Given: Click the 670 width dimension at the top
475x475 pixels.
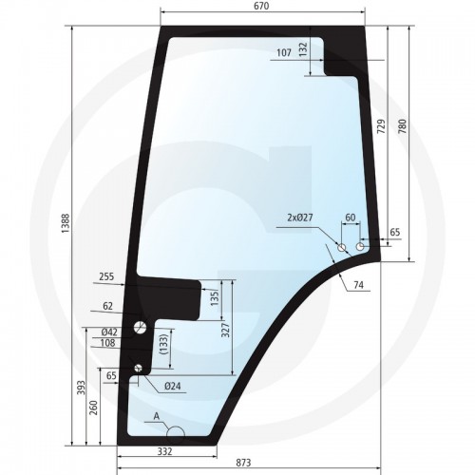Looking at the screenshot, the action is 261,6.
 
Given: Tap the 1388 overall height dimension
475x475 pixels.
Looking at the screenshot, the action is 66,223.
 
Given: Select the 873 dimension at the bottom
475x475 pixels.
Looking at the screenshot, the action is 243,463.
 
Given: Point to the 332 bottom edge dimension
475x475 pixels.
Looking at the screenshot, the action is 165,451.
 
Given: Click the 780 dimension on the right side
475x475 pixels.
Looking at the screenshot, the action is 402,126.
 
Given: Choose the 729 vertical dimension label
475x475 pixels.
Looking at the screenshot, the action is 382,126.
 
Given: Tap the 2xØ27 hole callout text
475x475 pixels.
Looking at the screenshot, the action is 300,218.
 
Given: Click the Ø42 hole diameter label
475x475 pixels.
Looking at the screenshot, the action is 109,332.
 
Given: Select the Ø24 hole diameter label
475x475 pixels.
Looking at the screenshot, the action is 173,386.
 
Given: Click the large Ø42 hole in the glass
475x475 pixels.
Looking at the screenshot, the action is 141,327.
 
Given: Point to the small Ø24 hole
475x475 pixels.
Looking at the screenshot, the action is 138,368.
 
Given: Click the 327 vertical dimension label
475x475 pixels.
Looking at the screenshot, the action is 226,330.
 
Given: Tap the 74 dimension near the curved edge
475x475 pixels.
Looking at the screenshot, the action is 358,285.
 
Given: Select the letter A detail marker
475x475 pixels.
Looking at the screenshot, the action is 156,416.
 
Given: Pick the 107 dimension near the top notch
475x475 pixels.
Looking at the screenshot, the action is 284,52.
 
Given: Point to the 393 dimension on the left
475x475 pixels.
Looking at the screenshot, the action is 82,388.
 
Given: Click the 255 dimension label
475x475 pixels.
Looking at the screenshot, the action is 106,276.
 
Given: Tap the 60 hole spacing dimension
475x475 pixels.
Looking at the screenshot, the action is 351,218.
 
